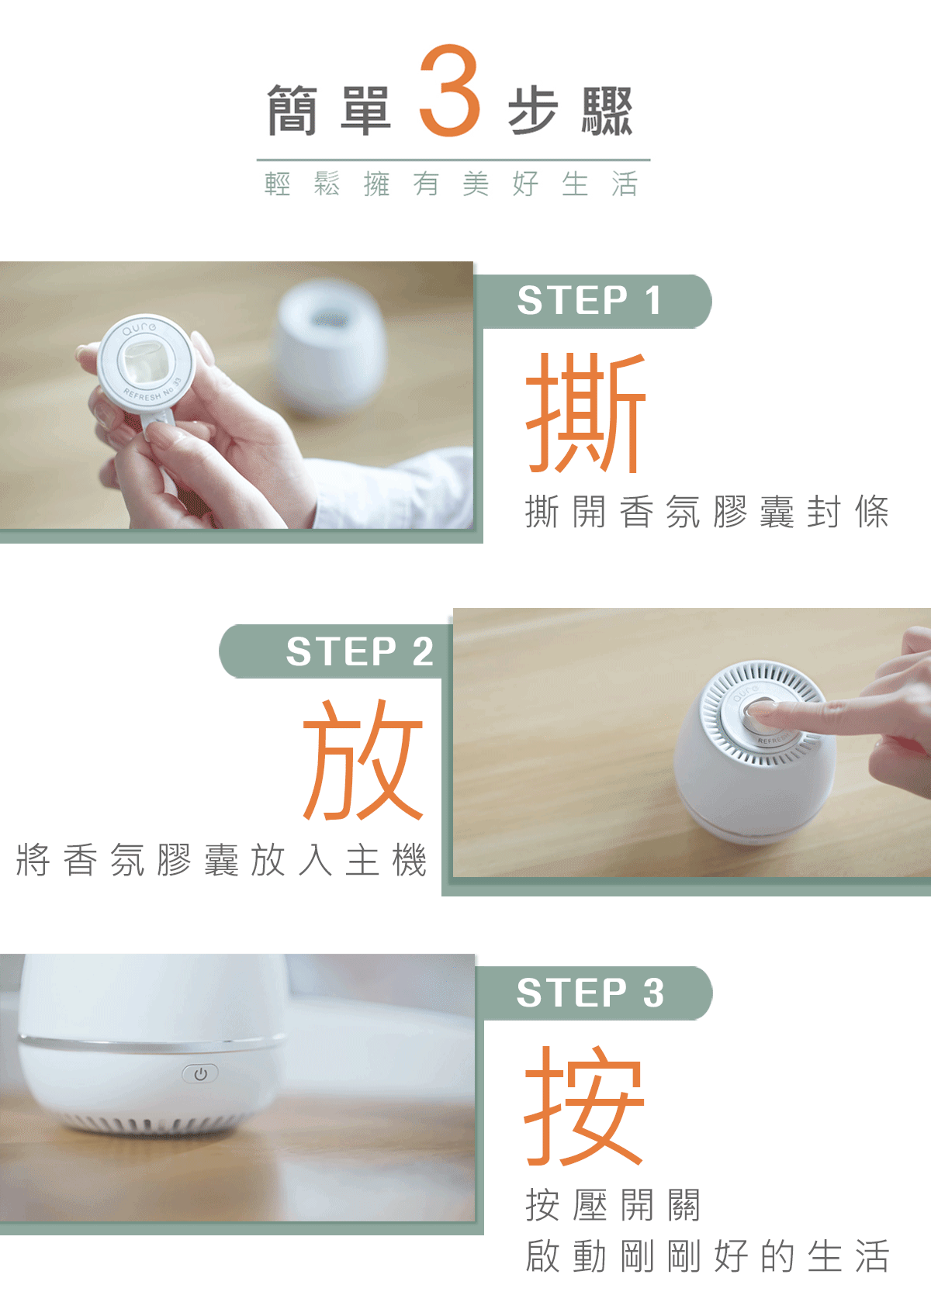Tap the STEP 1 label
(x=590, y=300)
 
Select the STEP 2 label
(x=359, y=651)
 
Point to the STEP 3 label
(x=590, y=993)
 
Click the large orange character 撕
(x=586, y=413)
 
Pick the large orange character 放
(x=363, y=759)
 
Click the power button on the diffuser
(x=200, y=1073)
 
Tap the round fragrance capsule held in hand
(x=146, y=362)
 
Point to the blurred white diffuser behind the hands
(x=331, y=347)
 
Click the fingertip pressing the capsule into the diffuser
(x=759, y=711)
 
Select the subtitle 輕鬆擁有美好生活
(x=451, y=184)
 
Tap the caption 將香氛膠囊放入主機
(x=222, y=860)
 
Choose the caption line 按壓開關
(x=613, y=1205)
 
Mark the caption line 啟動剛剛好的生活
(x=708, y=1255)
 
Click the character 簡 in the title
(x=292, y=110)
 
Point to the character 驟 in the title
(x=607, y=110)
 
